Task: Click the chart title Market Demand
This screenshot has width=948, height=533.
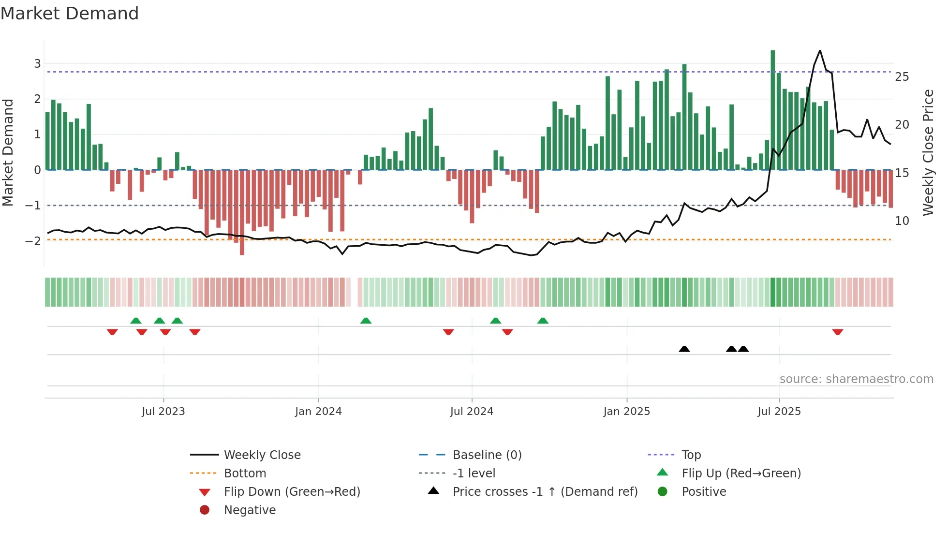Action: (70, 14)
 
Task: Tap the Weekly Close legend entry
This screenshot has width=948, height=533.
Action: (262, 455)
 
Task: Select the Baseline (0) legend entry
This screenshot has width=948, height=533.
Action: (487, 455)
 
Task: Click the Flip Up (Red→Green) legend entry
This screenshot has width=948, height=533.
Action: (741, 473)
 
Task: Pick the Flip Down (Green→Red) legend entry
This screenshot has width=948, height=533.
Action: (292, 491)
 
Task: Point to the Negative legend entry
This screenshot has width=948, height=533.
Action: (250, 510)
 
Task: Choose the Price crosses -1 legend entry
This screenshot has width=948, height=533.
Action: (545, 491)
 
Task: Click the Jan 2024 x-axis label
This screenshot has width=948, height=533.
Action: (318, 411)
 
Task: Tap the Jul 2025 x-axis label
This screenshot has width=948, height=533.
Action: (779, 411)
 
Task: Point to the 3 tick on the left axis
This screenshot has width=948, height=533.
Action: (37, 63)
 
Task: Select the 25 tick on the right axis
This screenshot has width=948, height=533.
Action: (902, 77)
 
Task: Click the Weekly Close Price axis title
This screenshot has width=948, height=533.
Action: (928, 152)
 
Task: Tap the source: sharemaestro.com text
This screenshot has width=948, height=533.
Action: (856, 379)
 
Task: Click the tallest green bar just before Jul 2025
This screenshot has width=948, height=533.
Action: (773, 110)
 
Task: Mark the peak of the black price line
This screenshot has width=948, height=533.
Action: (820, 50)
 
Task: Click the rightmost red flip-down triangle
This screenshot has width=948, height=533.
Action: (838, 332)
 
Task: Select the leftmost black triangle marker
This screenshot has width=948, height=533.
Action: (684, 349)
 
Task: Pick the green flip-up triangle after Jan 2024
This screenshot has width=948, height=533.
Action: (366, 321)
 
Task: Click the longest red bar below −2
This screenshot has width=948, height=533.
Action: (242, 213)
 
